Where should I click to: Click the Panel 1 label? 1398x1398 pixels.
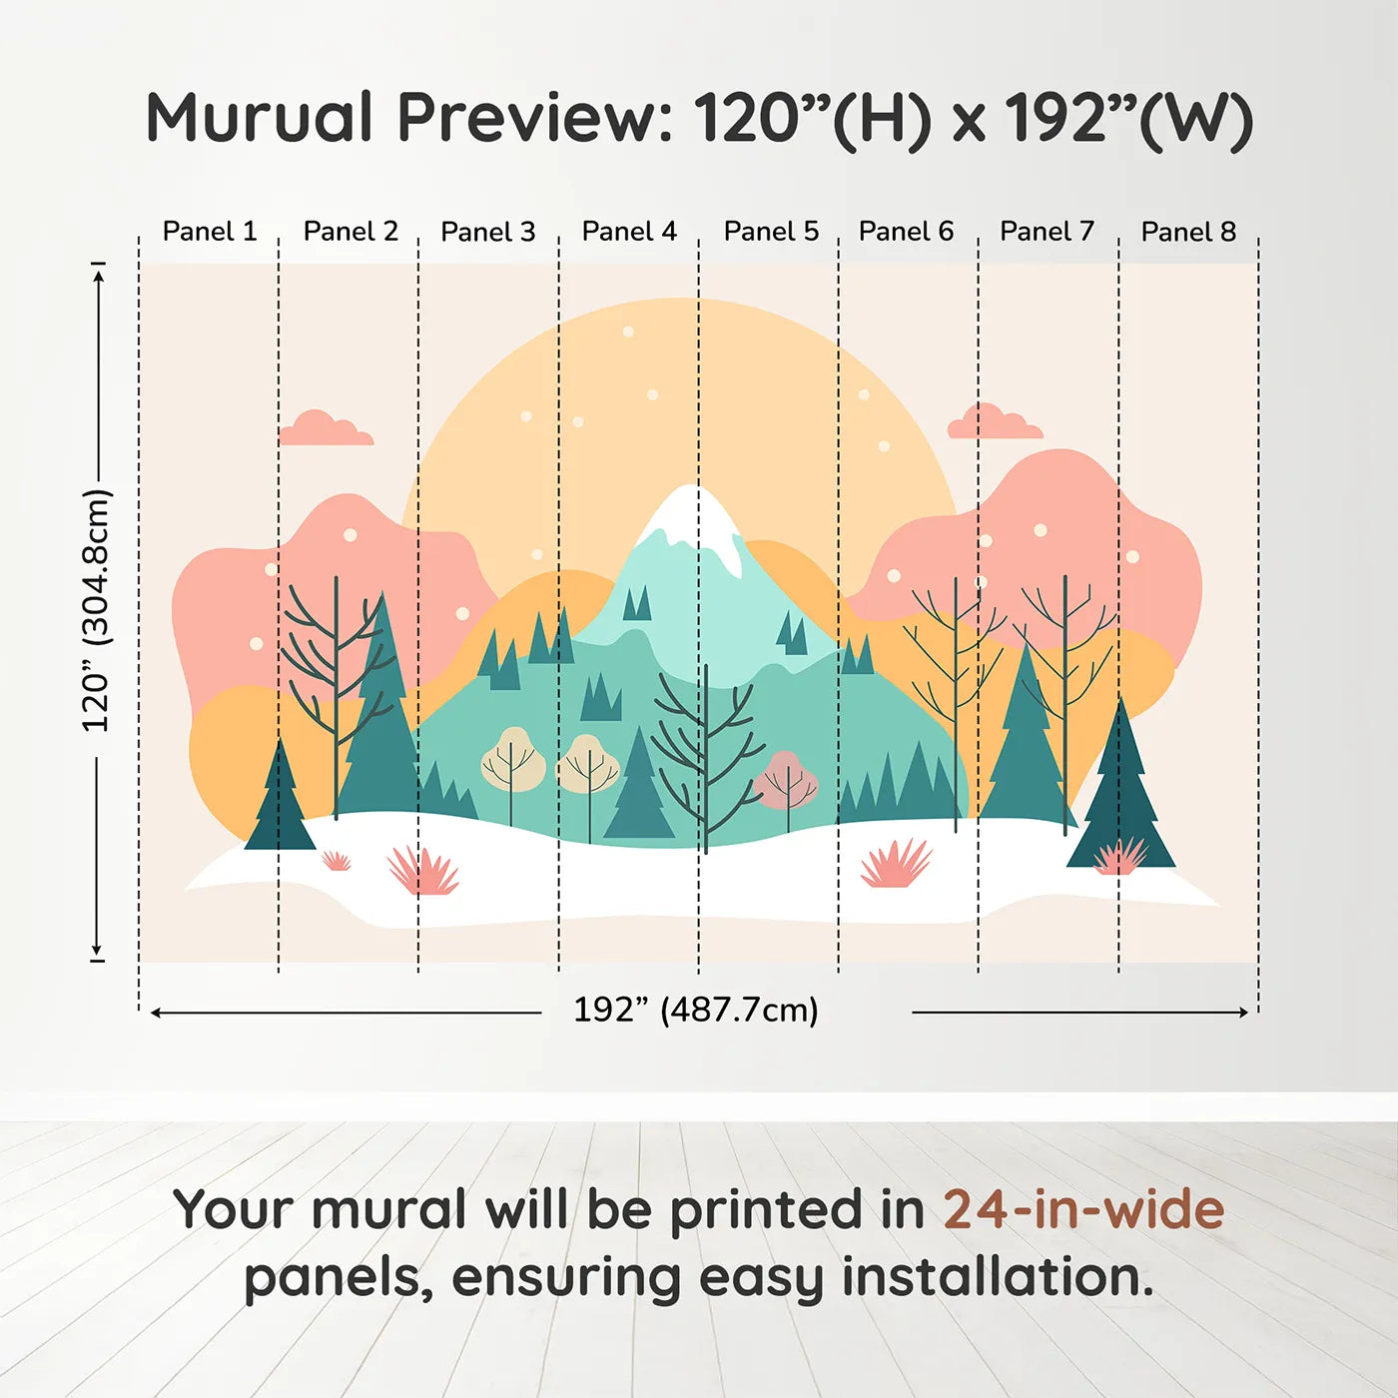(x=210, y=232)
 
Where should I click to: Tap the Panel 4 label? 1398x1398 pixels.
(x=629, y=232)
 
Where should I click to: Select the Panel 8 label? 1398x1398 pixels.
(x=1188, y=232)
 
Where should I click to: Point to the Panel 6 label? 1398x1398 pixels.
(x=906, y=232)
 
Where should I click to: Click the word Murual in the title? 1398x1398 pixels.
(x=260, y=117)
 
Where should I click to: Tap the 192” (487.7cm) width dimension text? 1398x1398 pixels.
(x=696, y=1010)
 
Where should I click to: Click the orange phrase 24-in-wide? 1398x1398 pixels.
(x=1083, y=1210)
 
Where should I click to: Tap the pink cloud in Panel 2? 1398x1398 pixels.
(x=326, y=428)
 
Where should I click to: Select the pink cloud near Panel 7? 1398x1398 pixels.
(x=995, y=421)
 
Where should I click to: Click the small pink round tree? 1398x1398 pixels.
(x=786, y=781)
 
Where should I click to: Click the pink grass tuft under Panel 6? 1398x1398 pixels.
(x=896, y=864)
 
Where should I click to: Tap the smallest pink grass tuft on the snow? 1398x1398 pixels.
(x=336, y=861)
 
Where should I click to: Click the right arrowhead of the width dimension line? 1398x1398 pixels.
(x=1243, y=1012)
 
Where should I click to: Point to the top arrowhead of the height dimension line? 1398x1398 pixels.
(x=101, y=275)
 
